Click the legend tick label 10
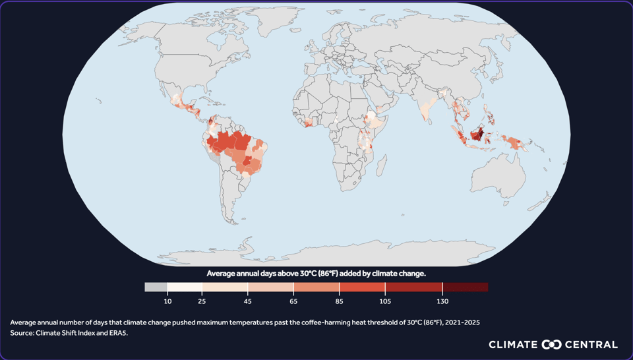click(x=167, y=301)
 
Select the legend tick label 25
click(x=202, y=301)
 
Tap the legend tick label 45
click(x=248, y=301)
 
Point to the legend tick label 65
click(x=293, y=301)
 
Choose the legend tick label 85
click(x=339, y=301)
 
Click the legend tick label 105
click(x=385, y=301)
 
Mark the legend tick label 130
click(x=442, y=301)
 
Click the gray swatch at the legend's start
click(x=156, y=287)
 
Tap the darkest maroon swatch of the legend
click(x=465, y=287)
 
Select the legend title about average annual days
click(x=316, y=273)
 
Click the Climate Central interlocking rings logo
click(x=551, y=345)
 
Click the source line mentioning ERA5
click(x=69, y=333)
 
